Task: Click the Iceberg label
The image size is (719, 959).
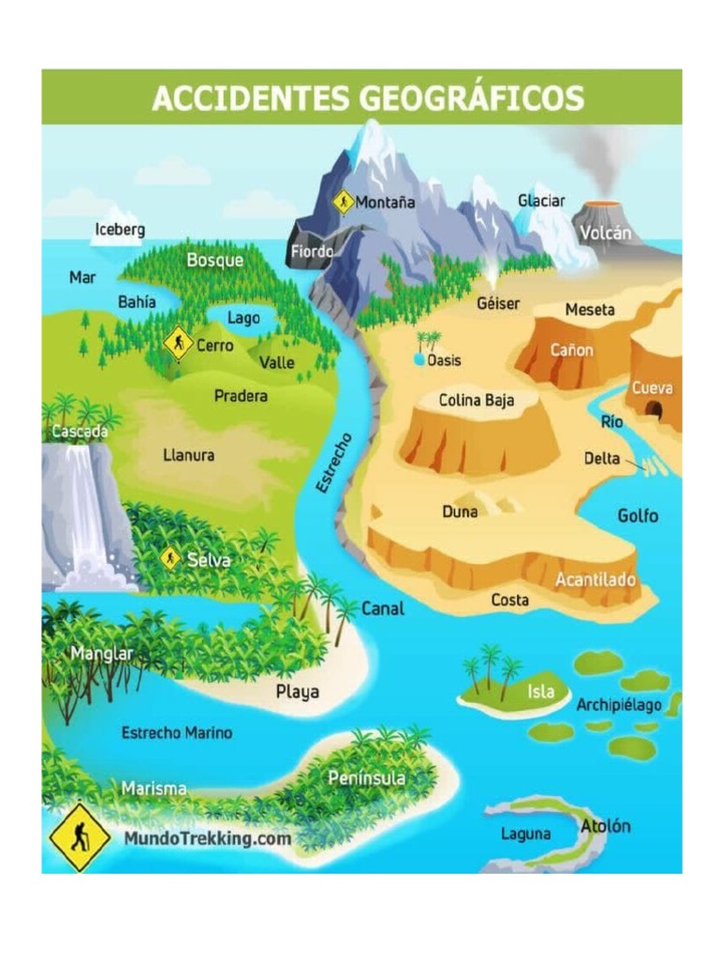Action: coord(120,229)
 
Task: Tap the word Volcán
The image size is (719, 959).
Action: coord(605,233)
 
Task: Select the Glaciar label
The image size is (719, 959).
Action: coord(541,201)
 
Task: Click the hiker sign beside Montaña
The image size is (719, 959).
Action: coord(344,201)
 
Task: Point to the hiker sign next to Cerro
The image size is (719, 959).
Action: coord(178,344)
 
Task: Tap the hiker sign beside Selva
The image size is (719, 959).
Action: coord(170,559)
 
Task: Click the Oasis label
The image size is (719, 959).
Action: coord(444,361)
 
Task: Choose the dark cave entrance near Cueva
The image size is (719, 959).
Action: coord(655,409)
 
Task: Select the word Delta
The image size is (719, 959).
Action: coord(602,459)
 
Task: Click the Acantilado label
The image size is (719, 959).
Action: coord(596,580)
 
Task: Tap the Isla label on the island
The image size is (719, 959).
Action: coord(540,692)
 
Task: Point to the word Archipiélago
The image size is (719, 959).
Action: coord(619,704)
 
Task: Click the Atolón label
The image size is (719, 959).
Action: coord(606,826)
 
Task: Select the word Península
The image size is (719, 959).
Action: coord(367,778)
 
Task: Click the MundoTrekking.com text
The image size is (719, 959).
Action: coord(208,838)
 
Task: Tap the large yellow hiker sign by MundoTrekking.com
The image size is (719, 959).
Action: coord(80,836)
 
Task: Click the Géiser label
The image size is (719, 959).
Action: coord(498,304)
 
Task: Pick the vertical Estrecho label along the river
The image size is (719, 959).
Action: coord(333,463)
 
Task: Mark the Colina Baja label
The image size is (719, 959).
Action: coord(477,401)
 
